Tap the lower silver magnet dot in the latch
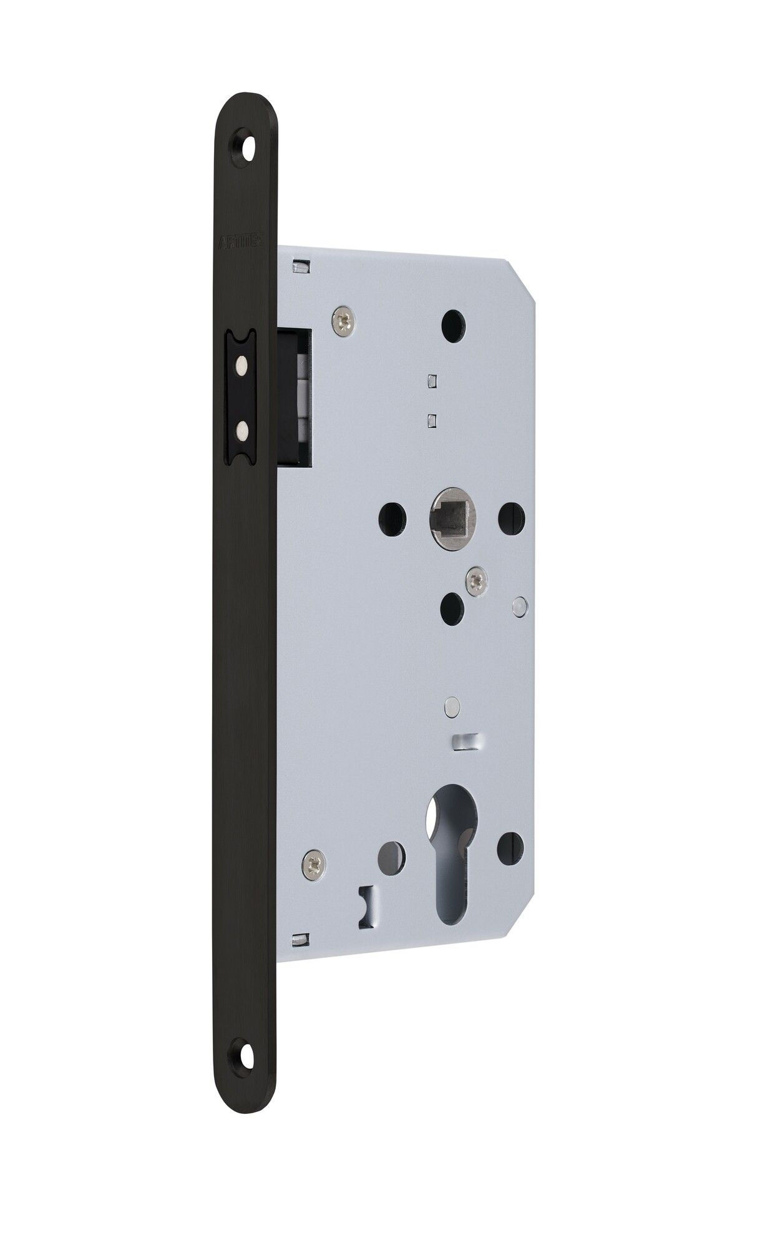240,427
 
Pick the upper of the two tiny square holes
431,379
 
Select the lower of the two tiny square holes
431,420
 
